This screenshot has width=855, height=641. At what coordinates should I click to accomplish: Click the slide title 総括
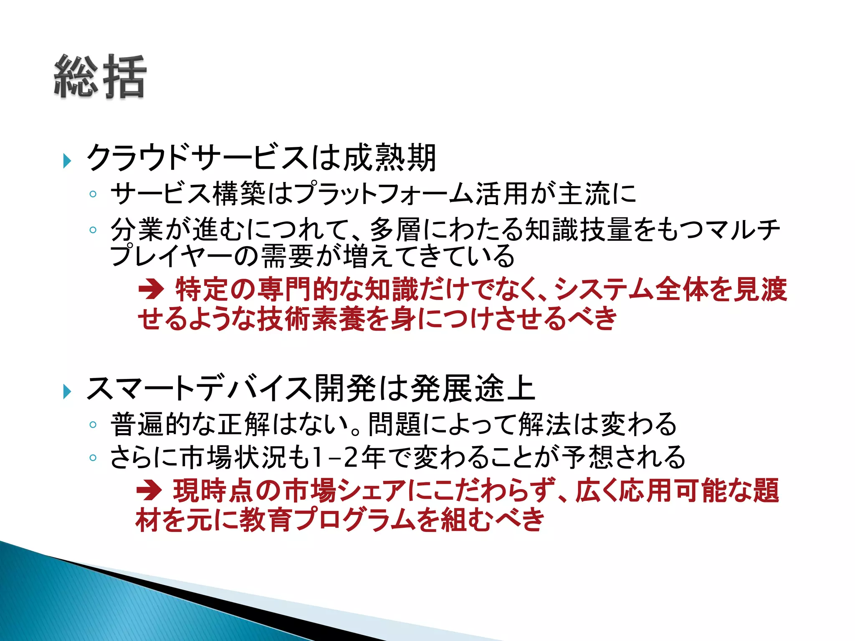tap(100, 77)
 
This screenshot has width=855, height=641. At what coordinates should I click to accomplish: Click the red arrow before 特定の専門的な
tap(151, 289)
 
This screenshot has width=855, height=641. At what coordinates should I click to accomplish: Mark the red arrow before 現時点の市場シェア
tap(149, 490)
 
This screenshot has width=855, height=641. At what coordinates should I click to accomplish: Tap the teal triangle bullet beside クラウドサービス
tap(67, 161)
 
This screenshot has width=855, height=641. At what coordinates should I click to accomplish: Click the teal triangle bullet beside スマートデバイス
tap(67, 391)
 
